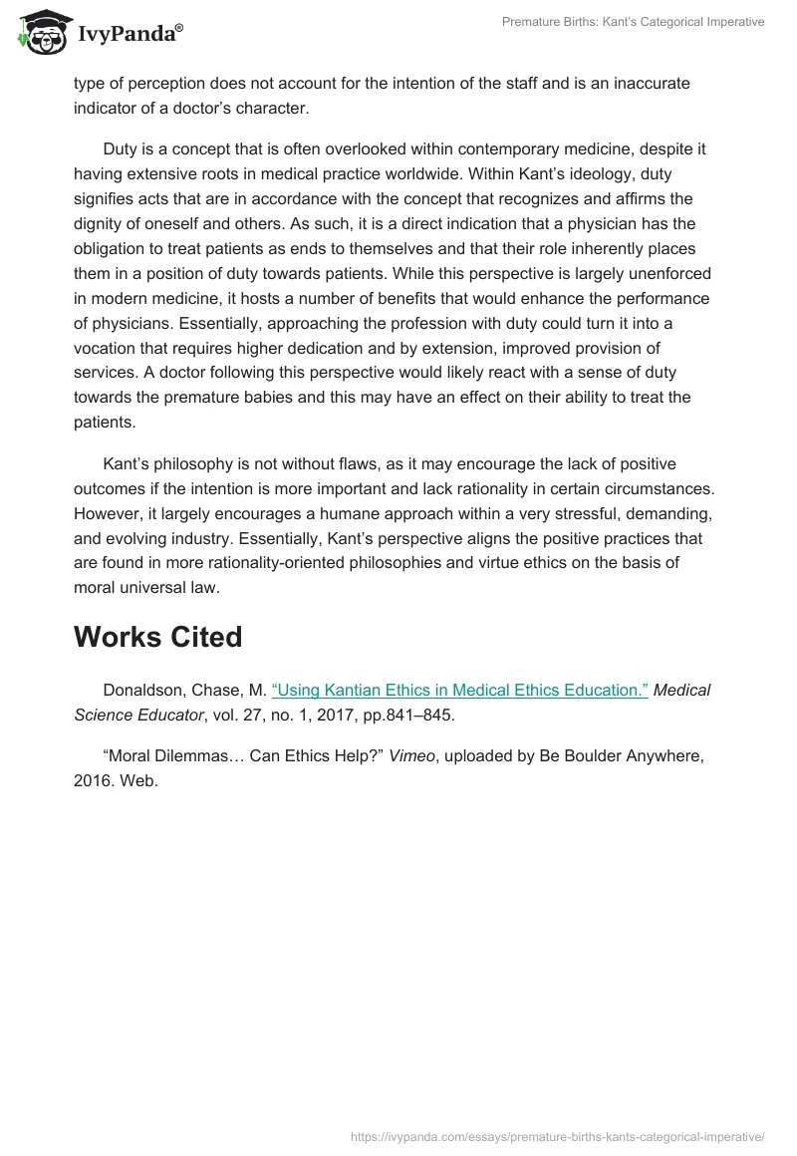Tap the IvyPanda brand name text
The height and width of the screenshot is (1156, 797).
pos(129,33)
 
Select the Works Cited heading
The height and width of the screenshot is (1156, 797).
pos(157,637)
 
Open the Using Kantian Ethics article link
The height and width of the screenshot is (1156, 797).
pos(459,690)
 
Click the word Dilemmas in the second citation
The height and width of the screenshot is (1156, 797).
pos(202,756)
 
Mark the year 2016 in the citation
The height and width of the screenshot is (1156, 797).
pos(94,779)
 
